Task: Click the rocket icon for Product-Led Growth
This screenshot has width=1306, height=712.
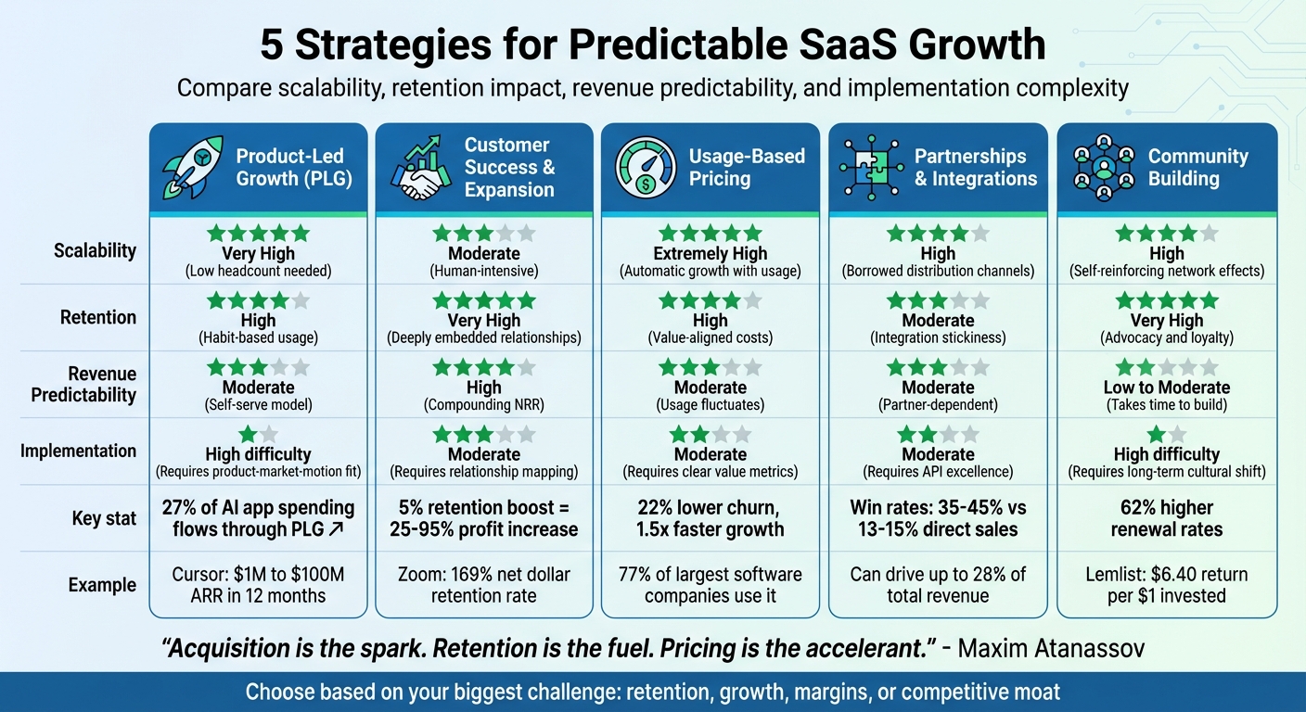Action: point(192,168)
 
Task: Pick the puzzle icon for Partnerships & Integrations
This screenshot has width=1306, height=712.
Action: point(871,168)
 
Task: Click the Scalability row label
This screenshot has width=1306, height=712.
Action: point(96,250)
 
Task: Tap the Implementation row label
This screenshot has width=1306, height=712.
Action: point(79,451)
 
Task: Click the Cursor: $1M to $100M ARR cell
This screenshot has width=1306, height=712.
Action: point(258,585)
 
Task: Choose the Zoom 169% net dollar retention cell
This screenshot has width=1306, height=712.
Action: point(484,585)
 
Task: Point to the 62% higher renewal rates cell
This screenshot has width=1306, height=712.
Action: point(1167,518)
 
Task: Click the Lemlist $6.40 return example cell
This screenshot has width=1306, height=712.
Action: point(1167,585)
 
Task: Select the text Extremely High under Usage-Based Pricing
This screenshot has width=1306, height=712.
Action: point(711,253)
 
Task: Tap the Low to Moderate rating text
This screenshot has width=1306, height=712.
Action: point(1167,388)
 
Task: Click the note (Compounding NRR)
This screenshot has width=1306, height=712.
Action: point(484,405)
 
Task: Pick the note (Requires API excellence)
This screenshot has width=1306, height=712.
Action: point(938,472)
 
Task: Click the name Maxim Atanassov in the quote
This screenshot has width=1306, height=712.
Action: point(1050,648)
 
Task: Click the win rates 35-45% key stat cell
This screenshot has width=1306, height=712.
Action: point(938,518)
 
